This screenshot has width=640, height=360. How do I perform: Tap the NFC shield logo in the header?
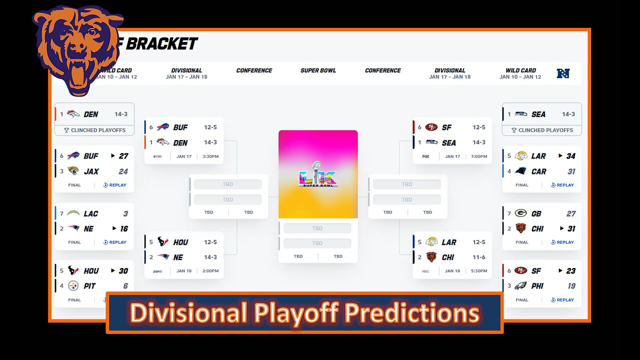(563, 73)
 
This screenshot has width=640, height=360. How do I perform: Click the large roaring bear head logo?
(77, 50)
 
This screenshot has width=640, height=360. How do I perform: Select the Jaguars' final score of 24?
(123, 171)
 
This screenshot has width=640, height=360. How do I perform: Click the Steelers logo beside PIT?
(73, 286)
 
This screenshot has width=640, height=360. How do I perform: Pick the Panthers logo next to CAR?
(521, 171)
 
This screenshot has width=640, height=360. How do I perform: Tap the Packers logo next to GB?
(521, 213)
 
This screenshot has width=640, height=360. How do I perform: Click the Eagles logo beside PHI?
(521, 286)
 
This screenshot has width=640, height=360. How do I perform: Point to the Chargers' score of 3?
(125, 213)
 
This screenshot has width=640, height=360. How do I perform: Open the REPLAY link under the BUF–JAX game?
(115, 185)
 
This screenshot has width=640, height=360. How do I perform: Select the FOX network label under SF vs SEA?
(425, 156)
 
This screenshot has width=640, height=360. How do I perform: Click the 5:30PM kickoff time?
(478, 271)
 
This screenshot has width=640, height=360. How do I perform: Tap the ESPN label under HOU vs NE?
(157, 271)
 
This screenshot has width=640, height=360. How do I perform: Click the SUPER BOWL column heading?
(318, 70)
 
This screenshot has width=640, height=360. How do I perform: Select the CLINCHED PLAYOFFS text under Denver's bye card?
(98, 130)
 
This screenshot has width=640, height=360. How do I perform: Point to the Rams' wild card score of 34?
(570, 156)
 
